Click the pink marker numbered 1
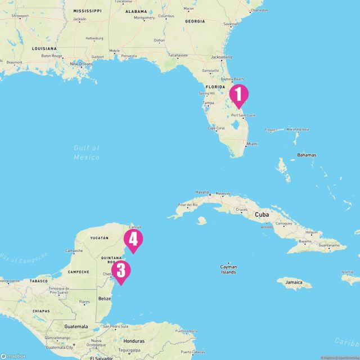point(238,94)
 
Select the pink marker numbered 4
point(133,239)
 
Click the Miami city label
point(251,143)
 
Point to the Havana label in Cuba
point(202,192)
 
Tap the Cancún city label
point(135,227)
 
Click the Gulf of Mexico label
point(87,152)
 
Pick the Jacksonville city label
point(221,57)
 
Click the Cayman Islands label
point(228,269)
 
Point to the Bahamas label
point(307,155)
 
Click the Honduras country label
point(134,341)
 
